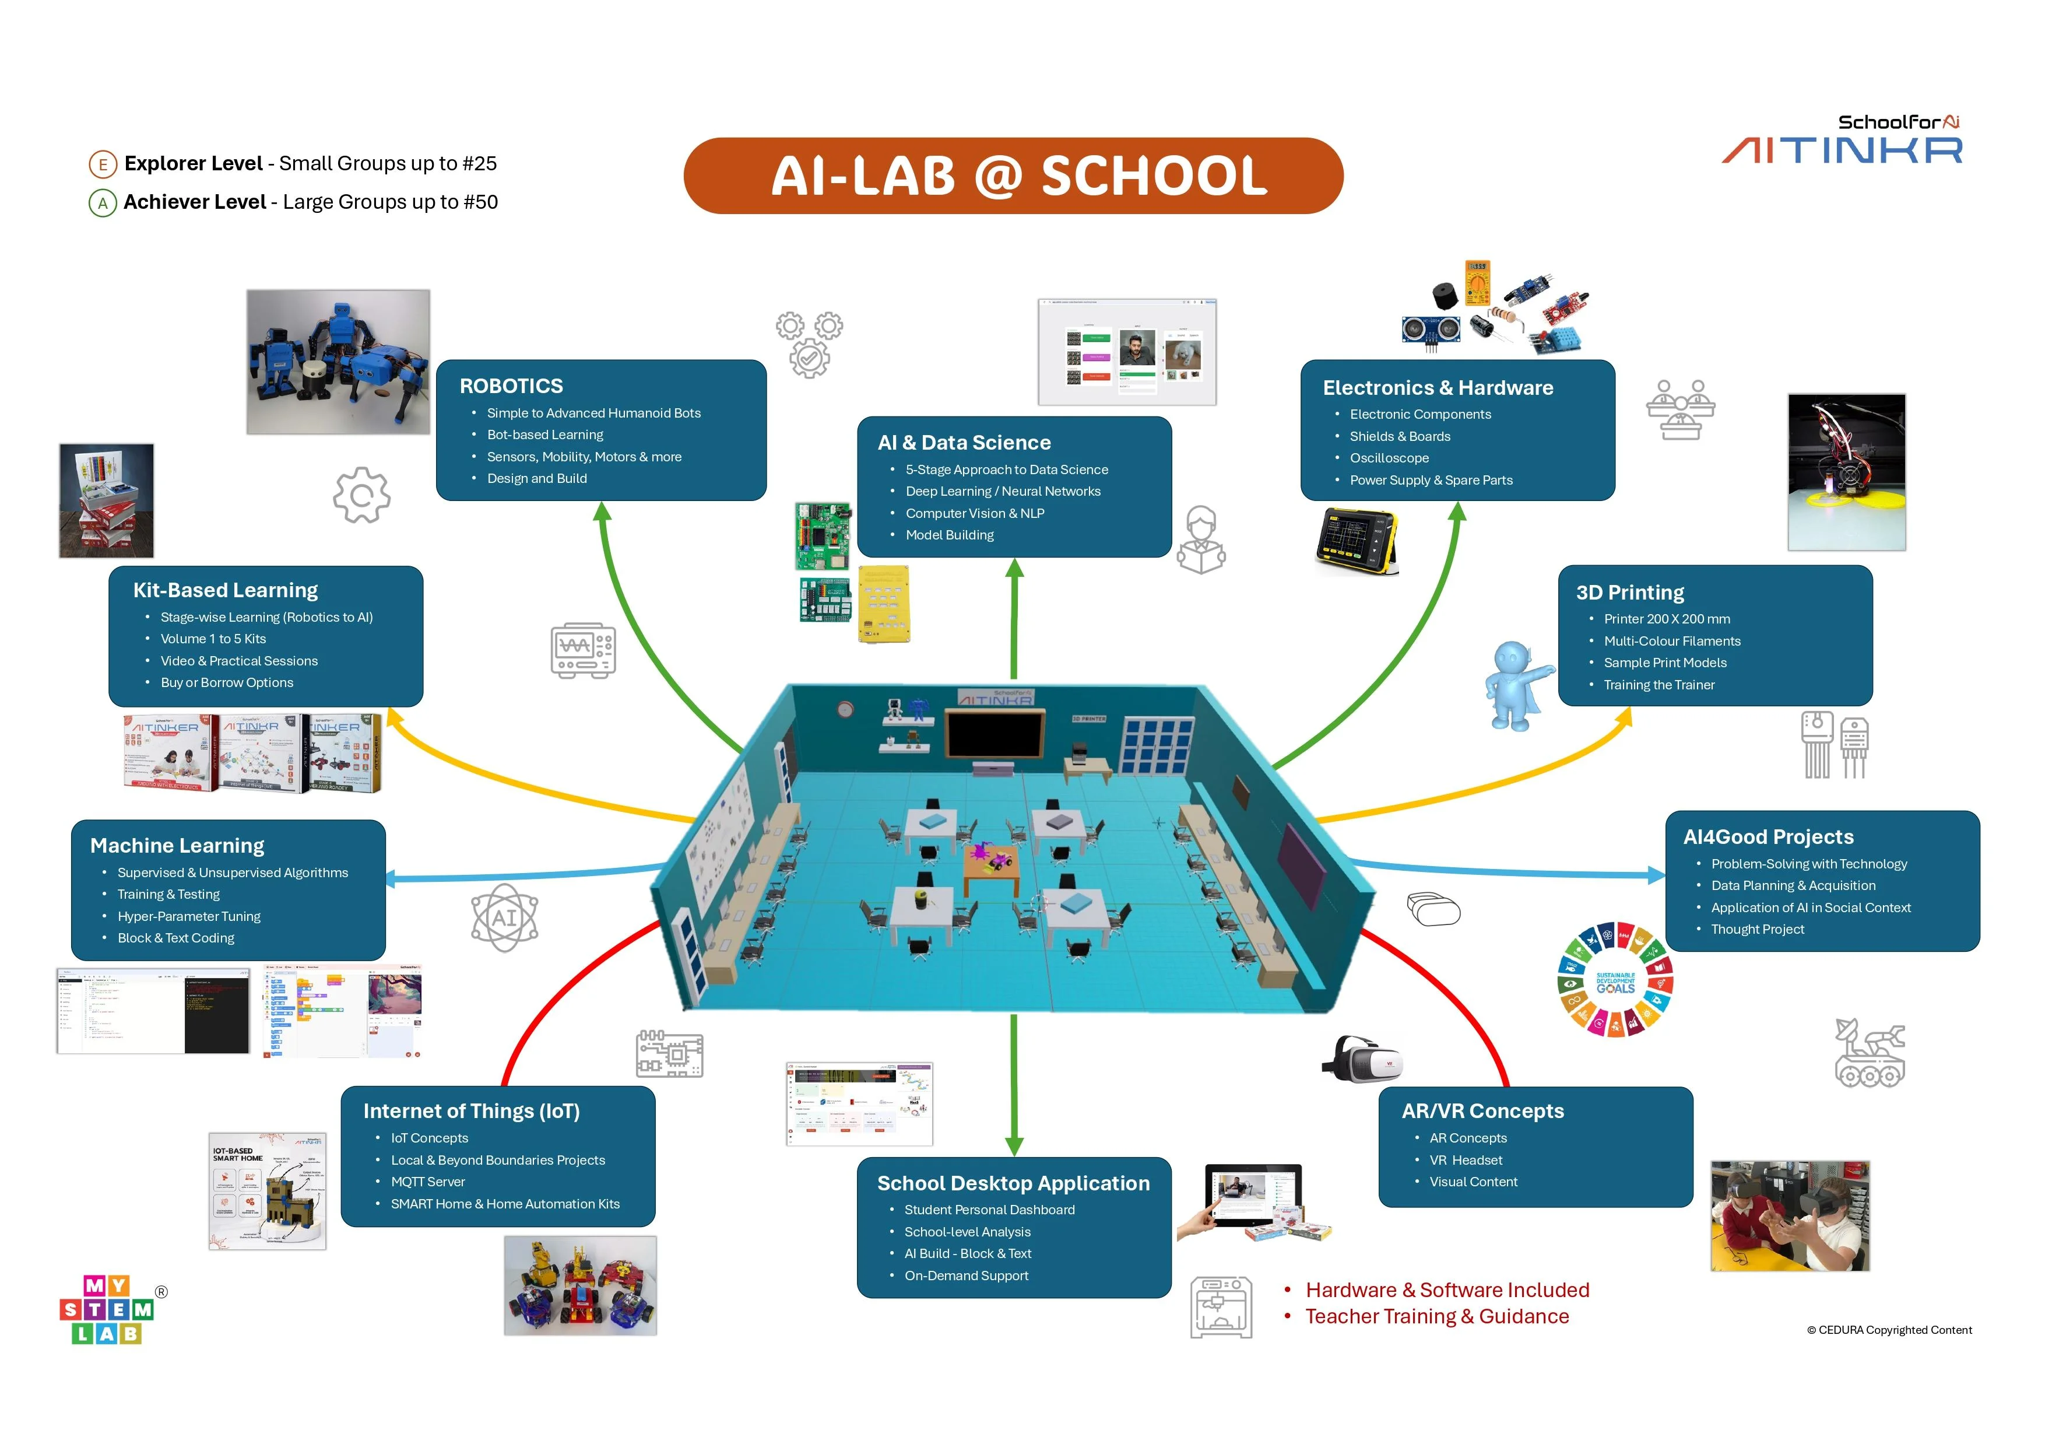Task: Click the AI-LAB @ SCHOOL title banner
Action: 1013,176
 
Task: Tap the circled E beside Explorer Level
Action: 103,164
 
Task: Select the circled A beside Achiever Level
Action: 103,203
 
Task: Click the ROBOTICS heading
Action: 511,386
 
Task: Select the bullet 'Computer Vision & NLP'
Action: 974,513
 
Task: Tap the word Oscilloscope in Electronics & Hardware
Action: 1389,458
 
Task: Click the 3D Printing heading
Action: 1630,593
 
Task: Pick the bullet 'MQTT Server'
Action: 427,1182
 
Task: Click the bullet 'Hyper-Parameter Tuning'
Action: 189,916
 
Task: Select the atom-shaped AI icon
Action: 504,918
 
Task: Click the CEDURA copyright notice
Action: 1888,1330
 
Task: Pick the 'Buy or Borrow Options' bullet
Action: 226,682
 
